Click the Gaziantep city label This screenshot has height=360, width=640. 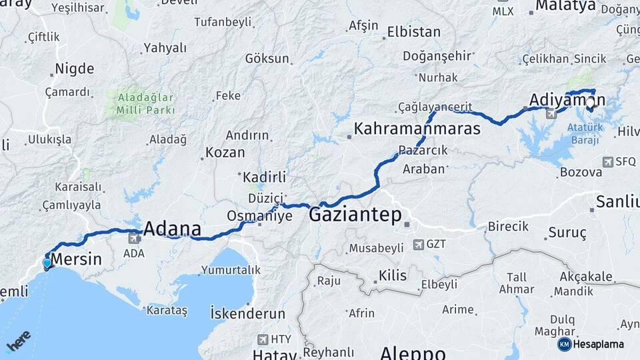355,215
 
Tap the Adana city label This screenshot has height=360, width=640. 172,229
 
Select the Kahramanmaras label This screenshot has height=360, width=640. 417,129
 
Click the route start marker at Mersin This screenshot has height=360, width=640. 47,263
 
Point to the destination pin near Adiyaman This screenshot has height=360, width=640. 590,103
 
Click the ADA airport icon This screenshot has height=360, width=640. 133,239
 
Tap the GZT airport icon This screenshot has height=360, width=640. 418,245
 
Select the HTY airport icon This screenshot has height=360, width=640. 265,339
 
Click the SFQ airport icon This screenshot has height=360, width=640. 607,162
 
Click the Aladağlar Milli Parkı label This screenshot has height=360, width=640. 146,103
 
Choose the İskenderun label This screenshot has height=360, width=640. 247,313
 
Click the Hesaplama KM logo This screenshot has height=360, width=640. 591,344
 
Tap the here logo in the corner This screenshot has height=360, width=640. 18,341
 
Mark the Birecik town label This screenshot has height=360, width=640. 508,226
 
